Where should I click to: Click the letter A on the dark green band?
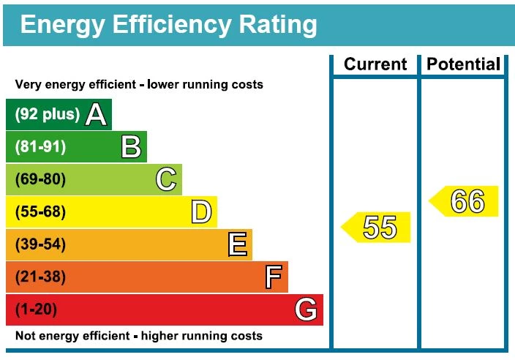tap(97, 115)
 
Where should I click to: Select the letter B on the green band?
tap(131, 147)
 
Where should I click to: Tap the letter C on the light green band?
tap(167, 180)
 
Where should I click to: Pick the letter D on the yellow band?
tap(201, 212)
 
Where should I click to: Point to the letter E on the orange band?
tap(237, 244)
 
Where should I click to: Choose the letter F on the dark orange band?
tap(273, 277)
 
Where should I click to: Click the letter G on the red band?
tap(307, 310)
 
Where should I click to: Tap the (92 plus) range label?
tap(47, 115)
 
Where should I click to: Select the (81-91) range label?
tap(40, 147)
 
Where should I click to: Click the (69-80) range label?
tap(40, 180)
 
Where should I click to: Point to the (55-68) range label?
tap(40, 212)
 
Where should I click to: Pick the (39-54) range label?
tap(40, 244)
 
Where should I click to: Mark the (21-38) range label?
tap(40, 277)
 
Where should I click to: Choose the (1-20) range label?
tap(36, 310)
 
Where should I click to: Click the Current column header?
tap(375, 64)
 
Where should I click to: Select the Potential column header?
tap(464, 64)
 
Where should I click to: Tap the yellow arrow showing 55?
tap(376, 228)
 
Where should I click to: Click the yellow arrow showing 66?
tap(463, 201)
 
